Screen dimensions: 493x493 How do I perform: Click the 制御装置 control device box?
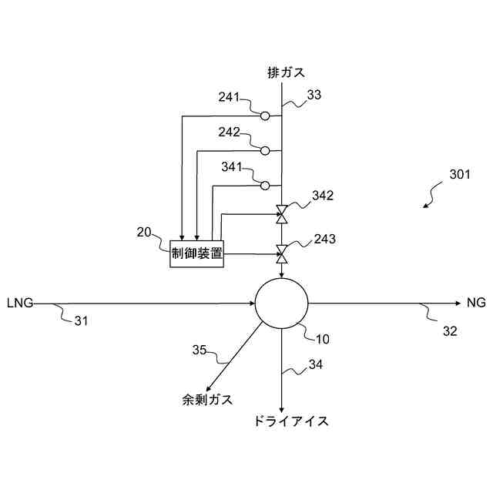(196, 253)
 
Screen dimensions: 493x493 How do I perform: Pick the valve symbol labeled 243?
(282, 252)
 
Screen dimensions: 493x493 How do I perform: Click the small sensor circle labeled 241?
(264, 116)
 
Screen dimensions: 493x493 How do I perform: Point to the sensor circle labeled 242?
(264, 150)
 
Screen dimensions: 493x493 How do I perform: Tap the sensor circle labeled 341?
(264, 185)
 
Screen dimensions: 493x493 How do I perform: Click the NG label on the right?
(476, 303)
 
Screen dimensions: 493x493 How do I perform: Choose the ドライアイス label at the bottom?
(290, 421)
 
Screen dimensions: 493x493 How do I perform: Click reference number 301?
(460, 175)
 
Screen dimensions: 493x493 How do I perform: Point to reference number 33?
(314, 95)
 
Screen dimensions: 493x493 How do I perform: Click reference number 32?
(450, 332)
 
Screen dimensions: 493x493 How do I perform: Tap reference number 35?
(200, 350)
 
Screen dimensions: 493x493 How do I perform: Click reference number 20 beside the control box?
(144, 232)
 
